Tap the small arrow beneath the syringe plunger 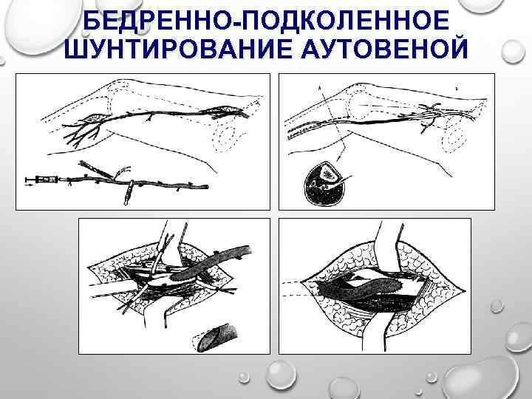pyautogui.click(x=30, y=185)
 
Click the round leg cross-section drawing pyautogui.click(x=324, y=183)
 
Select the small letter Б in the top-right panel pyautogui.click(x=457, y=89)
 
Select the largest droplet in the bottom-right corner pyautogui.click(x=482, y=378)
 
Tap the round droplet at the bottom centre pyautogui.click(x=281, y=374)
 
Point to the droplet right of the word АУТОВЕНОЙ pyautogui.click(x=514, y=52)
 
